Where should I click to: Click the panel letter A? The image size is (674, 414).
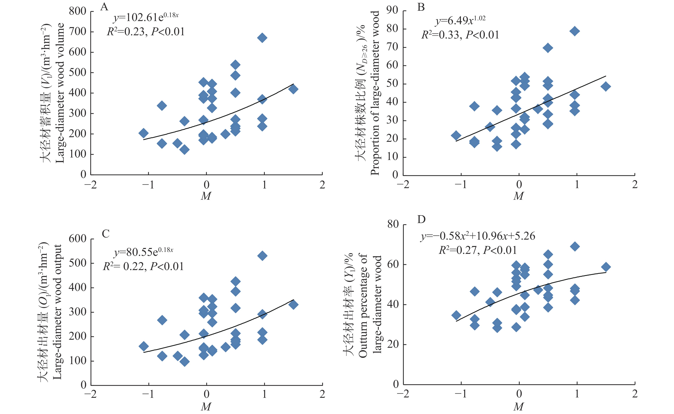click(104, 7)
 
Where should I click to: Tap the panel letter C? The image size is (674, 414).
click(106, 234)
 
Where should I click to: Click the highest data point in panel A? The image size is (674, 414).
click(262, 38)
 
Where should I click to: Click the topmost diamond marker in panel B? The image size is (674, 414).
click(575, 31)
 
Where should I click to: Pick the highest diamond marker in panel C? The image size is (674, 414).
click(262, 256)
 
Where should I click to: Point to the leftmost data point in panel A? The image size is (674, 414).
click(143, 133)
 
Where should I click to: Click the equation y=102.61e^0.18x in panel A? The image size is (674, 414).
click(146, 17)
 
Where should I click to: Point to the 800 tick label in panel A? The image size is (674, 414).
click(78, 12)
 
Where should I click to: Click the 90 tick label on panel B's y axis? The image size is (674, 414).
click(392, 10)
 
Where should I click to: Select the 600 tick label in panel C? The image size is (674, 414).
click(78, 239)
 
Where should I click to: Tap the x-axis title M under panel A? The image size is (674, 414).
click(206, 196)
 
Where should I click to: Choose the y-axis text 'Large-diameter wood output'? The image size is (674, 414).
click(58, 312)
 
